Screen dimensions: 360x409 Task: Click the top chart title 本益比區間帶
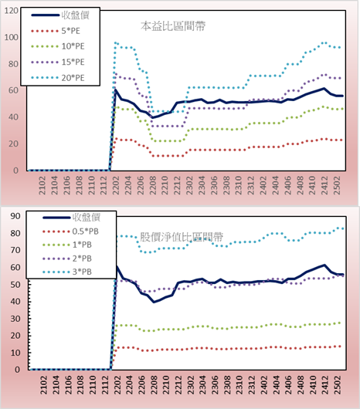point(173,26)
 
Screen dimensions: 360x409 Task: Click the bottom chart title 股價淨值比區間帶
point(182,237)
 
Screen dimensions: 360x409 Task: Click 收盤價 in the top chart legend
point(76,15)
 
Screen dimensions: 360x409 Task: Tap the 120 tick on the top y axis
point(12,11)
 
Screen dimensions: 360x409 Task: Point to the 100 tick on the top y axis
point(12,37)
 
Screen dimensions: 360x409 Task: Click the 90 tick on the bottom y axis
point(15,216)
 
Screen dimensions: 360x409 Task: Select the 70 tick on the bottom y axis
point(15,250)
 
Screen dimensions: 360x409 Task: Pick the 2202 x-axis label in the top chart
point(115,185)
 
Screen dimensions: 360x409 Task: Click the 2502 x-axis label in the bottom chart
point(338,385)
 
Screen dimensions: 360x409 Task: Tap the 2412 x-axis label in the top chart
point(324,185)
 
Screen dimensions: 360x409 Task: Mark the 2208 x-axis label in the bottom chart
point(154,385)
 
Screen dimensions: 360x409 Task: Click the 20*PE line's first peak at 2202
point(115,42)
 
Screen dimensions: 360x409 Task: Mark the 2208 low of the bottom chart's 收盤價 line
point(154,302)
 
